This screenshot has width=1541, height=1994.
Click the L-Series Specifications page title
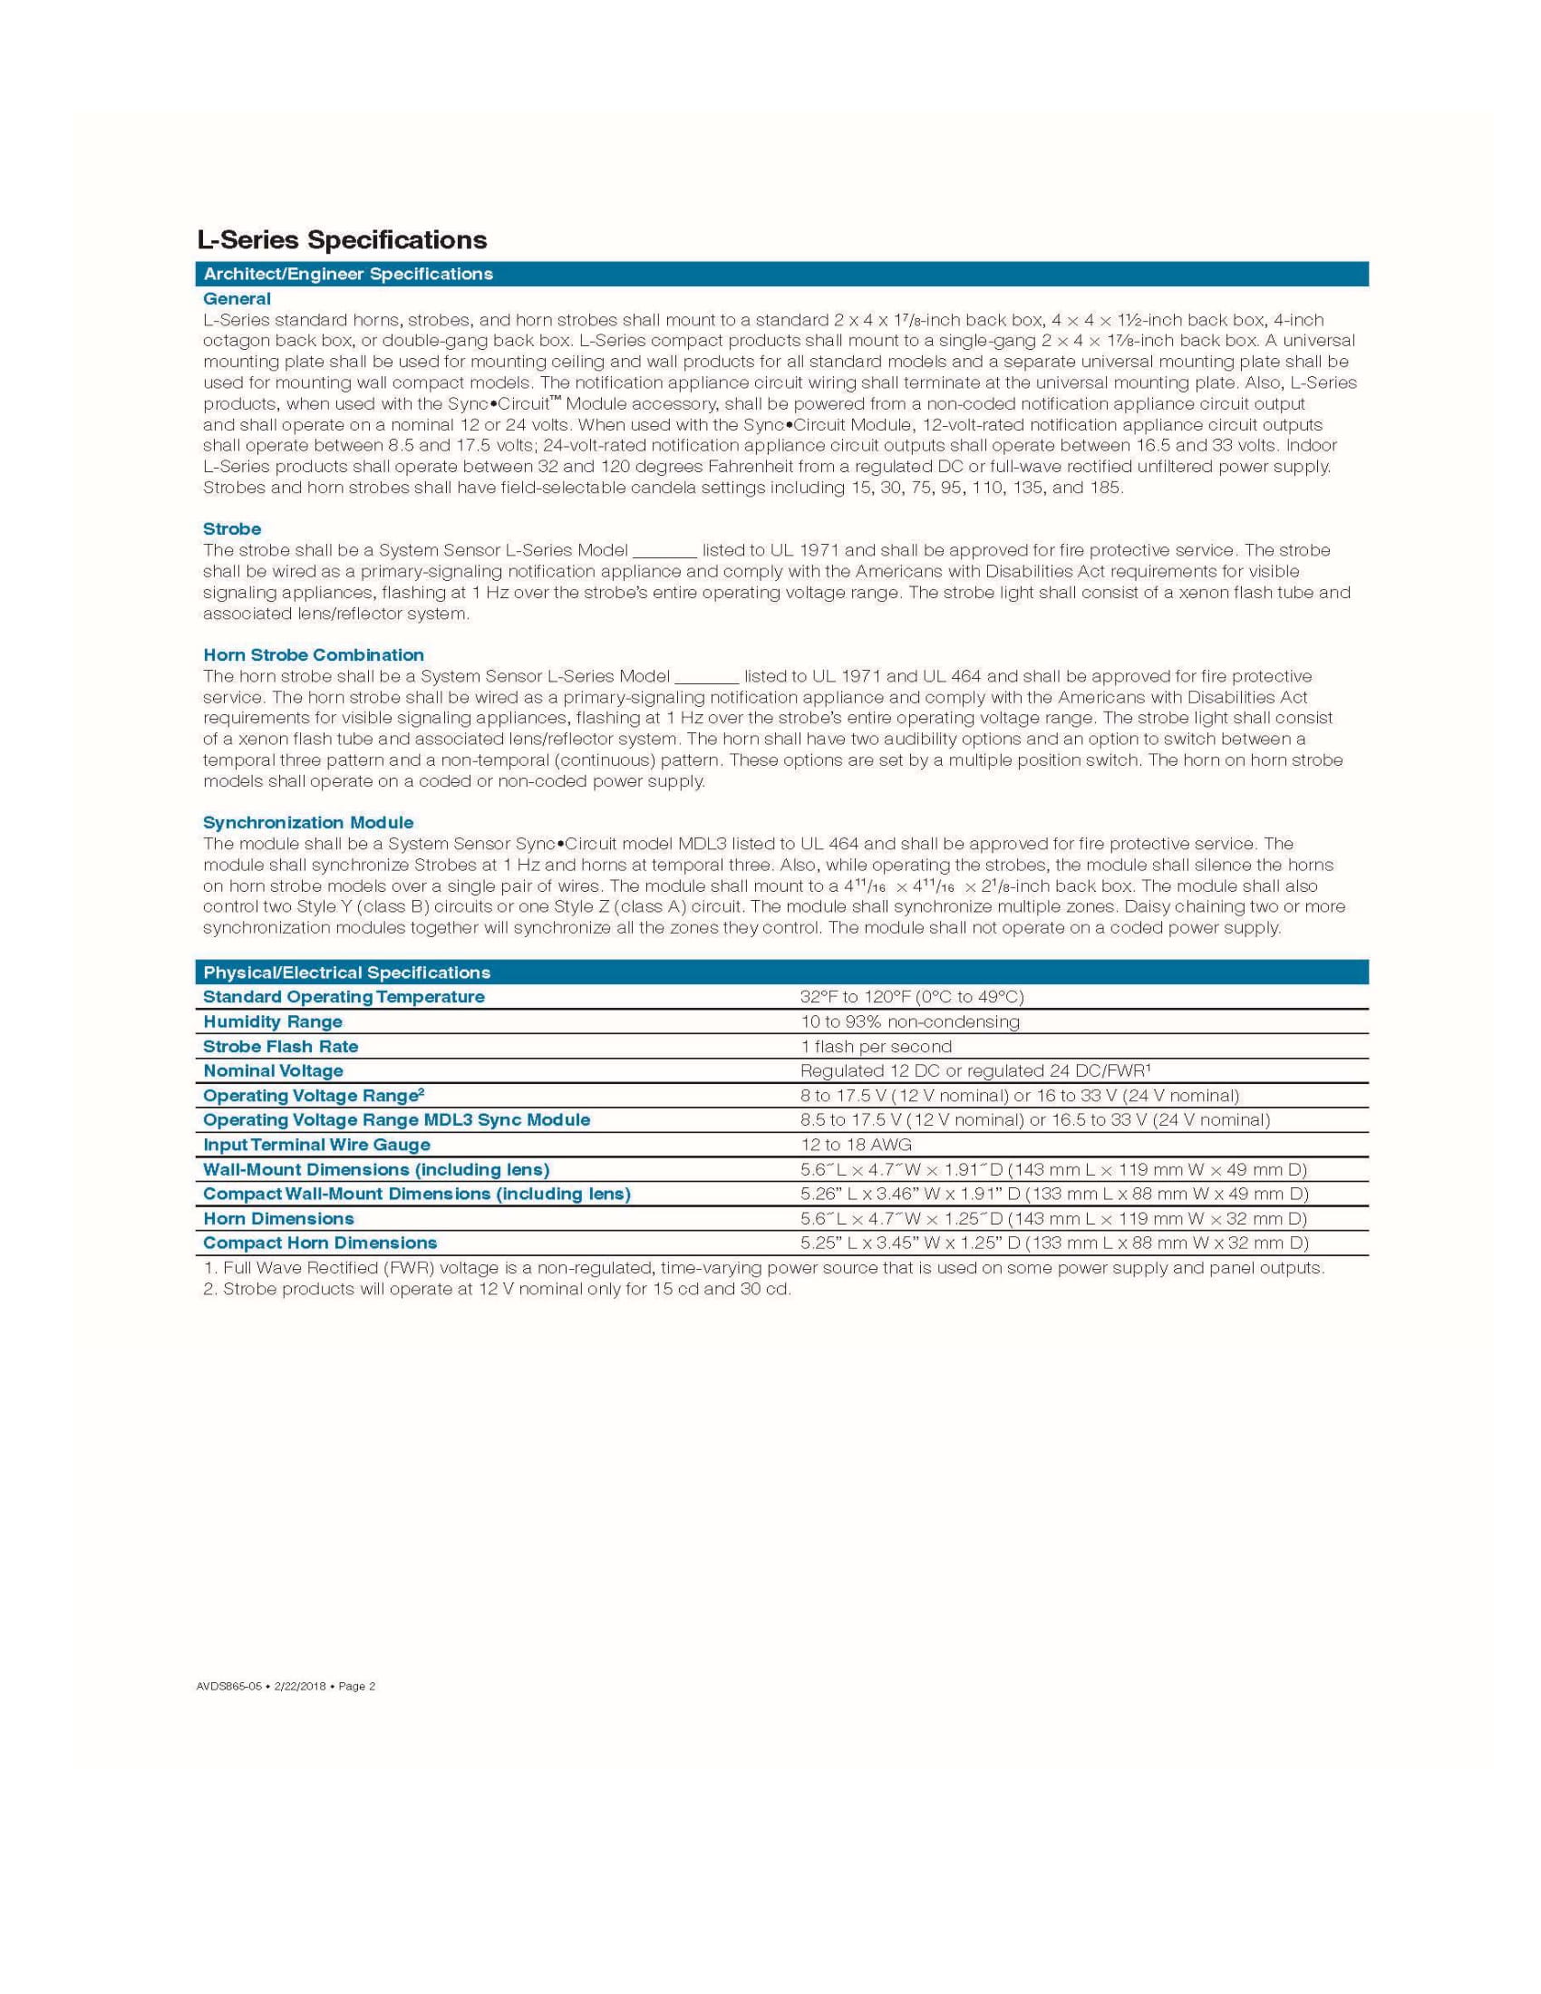pos(342,240)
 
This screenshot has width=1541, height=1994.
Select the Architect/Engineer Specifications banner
pos(348,274)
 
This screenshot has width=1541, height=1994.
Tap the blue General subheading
pos(237,298)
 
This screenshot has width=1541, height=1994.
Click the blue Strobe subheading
pos(232,528)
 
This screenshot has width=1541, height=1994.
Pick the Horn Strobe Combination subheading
pos(313,654)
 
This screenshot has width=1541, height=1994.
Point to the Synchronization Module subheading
pos(307,823)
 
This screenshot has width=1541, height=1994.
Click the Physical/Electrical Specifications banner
pos(346,973)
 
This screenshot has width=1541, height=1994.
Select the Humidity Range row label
pos(272,1021)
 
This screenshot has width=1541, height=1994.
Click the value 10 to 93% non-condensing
pos(909,1021)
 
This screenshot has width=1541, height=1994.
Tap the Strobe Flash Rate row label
pos(280,1046)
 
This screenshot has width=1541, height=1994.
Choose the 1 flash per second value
pos(876,1046)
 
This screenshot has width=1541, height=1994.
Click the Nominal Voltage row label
pos(273,1071)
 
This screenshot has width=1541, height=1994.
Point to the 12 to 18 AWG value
pos(856,1145)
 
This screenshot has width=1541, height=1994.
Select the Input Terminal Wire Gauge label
pos(315,1145)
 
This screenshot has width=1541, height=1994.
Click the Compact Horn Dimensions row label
pos(319,1243)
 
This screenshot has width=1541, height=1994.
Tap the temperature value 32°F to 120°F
pos(911,997)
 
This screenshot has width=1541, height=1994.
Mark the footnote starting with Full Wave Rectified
pos(763,1268)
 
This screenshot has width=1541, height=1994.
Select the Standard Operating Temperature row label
pos(344,997)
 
